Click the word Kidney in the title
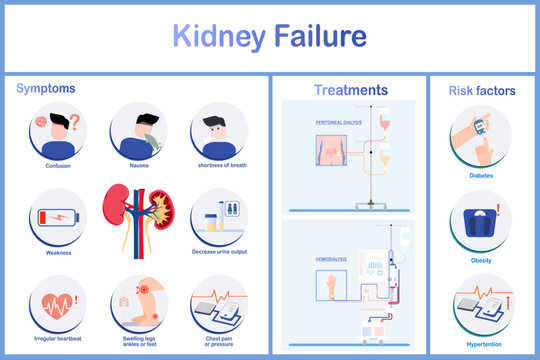click(220, 37)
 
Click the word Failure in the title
click(318, 37)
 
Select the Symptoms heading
click(45, 89)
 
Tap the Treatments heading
click(350, 90)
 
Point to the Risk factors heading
click(482, 91)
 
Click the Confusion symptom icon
click(58, 133)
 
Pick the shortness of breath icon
click(219, 133)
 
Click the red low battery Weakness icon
click(58, 216)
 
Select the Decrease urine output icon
click(219, 216)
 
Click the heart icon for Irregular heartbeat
click(58, 301)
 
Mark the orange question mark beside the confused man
click(73, 123)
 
